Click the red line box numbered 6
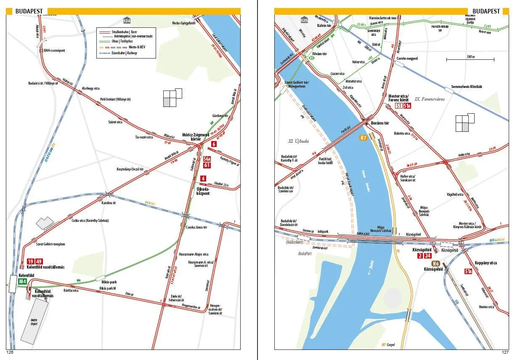tap(214, 144)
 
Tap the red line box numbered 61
tap(207, 165)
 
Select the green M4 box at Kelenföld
tap(22, 281)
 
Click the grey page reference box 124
tap(127, 21)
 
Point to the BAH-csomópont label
tap(55, 51)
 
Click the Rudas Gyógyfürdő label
tap(185, 23)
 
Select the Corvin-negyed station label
tap(407, 59)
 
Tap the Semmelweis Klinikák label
tap(466, 87)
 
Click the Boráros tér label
tap(380, 123)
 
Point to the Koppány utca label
tap(486, 263)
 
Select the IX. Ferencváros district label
tap(430, 99)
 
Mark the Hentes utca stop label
tap(486, 307)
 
